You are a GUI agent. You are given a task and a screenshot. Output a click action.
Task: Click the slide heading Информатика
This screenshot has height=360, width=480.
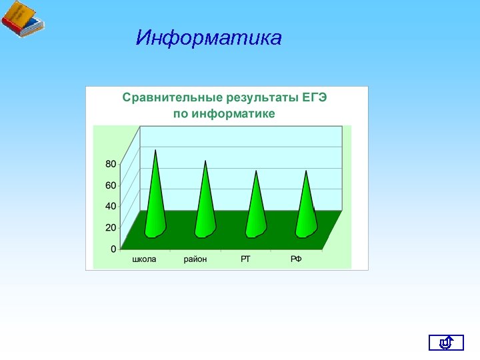click(209, 38)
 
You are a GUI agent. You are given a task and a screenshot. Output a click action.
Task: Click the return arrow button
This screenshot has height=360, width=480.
click(446, 343)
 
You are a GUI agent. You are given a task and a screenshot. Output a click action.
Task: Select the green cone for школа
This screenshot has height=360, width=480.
click(155, 200)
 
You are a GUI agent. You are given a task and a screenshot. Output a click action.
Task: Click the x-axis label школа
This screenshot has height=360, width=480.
click(144, 259)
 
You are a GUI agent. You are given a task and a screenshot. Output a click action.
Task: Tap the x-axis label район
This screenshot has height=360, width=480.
click(195, 259)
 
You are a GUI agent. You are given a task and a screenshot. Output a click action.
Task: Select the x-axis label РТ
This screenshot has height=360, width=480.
click(245, 259)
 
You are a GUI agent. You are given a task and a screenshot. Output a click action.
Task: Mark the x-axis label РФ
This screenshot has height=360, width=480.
click(296, 259)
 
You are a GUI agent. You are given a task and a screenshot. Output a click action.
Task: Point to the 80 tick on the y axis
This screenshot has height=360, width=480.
click(111, 163)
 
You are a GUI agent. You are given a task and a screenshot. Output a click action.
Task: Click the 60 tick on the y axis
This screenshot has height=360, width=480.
click(111, 185)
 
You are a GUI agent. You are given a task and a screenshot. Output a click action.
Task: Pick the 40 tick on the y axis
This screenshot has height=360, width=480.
click(111, 206)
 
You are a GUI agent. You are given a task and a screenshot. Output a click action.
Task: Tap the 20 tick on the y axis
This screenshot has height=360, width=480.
click(111, 227)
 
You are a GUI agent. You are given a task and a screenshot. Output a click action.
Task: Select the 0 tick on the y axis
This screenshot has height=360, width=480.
click(113, 249)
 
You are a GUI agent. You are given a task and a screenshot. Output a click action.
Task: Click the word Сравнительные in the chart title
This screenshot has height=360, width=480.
click(167, 97)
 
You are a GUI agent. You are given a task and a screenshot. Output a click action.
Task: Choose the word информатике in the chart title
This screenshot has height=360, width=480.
click(233, 114)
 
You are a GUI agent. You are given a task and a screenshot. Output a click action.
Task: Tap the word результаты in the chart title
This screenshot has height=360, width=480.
click(254, 97)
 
